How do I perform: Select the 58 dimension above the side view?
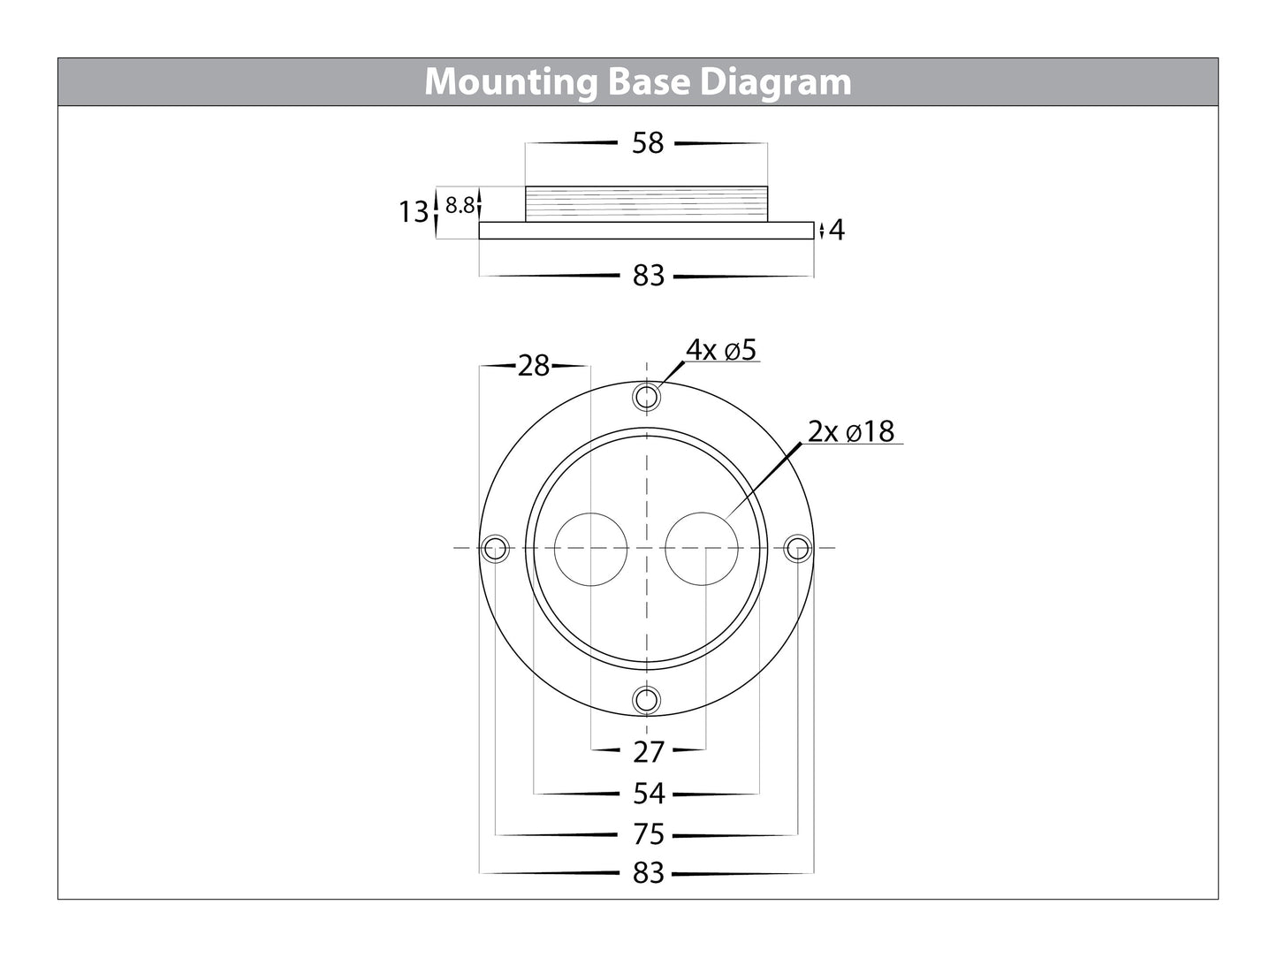coord(648,143)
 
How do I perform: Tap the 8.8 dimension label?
coord(460,206)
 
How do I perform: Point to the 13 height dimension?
coord(413,212)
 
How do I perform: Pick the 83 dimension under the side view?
coord(648,276)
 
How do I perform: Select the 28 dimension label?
coord(534,365)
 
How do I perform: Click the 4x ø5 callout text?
coord(722,350)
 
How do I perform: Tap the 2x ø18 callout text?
coord(850,432)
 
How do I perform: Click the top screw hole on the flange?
coord(647,396)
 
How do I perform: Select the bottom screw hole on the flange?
coord(647,700)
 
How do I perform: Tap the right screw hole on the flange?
coord(798,548)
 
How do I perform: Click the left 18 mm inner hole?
coord(590,548)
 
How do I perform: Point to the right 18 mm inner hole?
coord(703,548)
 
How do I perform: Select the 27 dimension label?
coord(648,752)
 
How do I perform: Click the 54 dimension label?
coord(648,794)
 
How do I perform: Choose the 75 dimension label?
coord(648,833)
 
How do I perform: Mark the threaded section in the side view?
coord(648,204)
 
